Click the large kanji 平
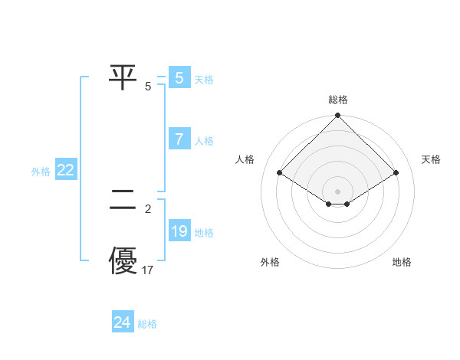tap(123, 78)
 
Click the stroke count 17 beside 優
tap(149, 270)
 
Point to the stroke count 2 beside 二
tap(148, 208)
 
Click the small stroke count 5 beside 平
tap(148, 86)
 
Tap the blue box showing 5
tap(179, 78)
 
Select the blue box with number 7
tap(179, 139)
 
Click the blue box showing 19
tap(179, 231)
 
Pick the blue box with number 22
tap(65, 171)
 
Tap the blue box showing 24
tap(122, 322)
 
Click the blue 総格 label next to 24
tap(147, 324)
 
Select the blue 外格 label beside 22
tap(41, 172)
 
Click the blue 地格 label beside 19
tap(204, 233)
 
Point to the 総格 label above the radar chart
tap(338, 100)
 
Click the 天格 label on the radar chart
tap(431, 159)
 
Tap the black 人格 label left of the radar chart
tap(245, 159)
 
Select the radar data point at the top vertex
tap(338, 116)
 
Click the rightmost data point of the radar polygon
tap(396, 173)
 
